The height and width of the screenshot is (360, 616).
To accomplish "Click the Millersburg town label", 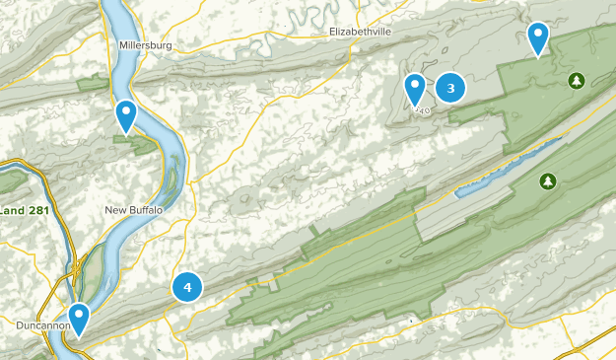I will point(145,45).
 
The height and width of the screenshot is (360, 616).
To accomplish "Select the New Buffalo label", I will point(133,210).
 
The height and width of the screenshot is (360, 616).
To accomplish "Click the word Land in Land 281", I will point(13,210).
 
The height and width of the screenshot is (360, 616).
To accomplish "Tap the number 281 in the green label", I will point(37,210).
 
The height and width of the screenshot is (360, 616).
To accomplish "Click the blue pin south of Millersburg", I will point(126,115).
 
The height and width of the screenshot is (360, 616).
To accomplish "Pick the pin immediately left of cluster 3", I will point(416,89).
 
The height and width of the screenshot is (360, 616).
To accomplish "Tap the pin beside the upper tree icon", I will point(538,37).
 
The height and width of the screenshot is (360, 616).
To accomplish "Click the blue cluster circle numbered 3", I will point(450,89).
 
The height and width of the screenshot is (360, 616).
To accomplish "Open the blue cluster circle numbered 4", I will point(187,287).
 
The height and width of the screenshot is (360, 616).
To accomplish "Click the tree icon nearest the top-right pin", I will point(576,79).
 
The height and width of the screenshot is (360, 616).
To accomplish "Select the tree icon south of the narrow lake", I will point(548,181).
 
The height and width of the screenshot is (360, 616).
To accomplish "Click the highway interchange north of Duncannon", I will point(75,266).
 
